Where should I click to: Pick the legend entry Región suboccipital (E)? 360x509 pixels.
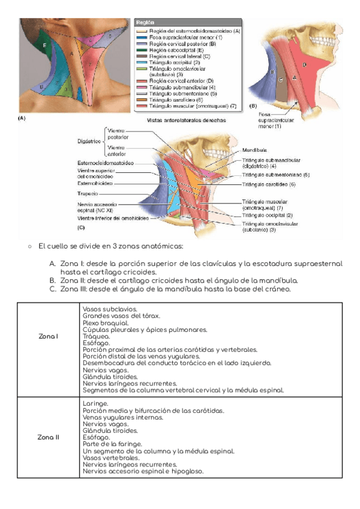click(x=174, y=50)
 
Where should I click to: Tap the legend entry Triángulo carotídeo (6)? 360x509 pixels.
click(x=174, y=100)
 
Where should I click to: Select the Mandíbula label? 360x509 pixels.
click(x=256, y=149)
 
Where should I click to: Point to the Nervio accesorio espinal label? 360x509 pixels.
click(x=96, y=207)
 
